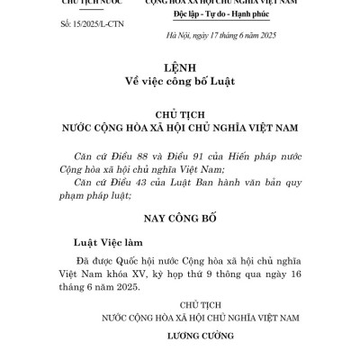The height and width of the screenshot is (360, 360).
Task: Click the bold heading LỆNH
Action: tap(179, 69)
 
